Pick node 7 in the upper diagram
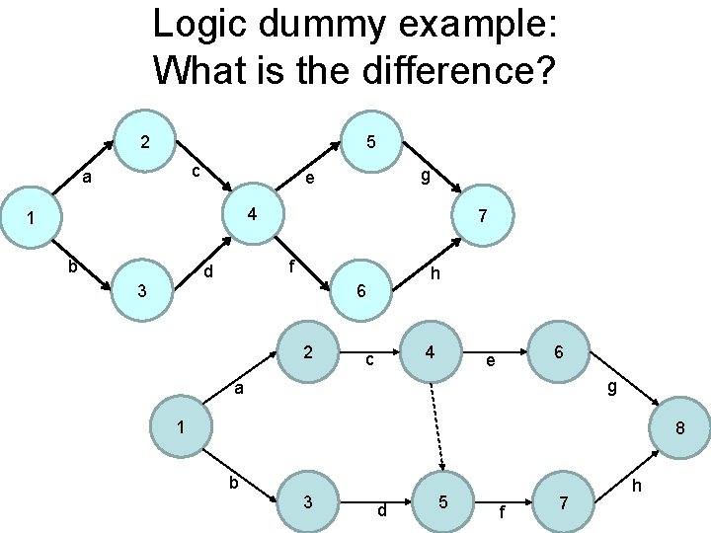click(x=481, y=215)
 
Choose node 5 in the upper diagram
click(x=369, y=142)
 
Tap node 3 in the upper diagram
click(x=143, y=291)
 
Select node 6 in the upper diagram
click(x=362, y=292)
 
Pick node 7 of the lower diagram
click(x=563, y=502)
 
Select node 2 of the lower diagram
click(x=309, y=352)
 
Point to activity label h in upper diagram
click(x=435, y=273)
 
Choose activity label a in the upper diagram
click(x=88, y=179)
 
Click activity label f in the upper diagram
click(x=291, y=266)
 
